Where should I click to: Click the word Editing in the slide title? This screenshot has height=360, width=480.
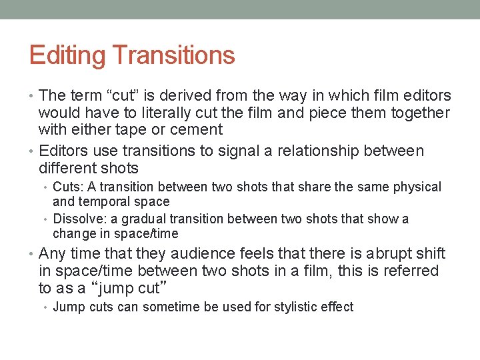point(59,55)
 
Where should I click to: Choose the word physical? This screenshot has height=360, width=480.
point(417,187)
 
